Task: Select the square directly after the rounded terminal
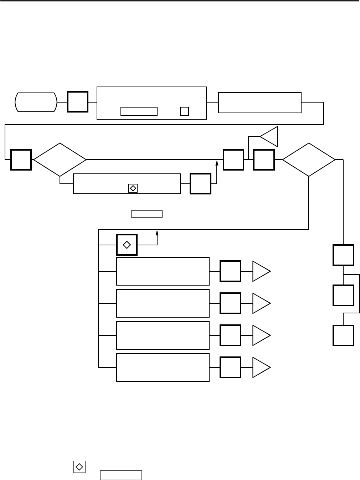click(78, 102)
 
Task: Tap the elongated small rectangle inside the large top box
click(139, 111)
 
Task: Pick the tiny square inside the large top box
click(184, 111)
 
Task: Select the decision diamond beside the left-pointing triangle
click(309, 160)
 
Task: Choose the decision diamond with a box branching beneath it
click(60, 160)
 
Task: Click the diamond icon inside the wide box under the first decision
click(133, 188)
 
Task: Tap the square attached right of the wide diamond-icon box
click(201, 184)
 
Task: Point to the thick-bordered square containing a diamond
click(127, 245)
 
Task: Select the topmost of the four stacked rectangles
click(163, 271)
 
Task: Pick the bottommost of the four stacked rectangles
click(163, 367)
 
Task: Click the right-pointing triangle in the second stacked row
click(261, 303)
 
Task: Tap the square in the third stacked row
click(231, 335)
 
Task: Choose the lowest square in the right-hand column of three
click(344, 335)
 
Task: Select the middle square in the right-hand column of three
click(344, 295)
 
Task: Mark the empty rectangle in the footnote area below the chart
click(121, 475)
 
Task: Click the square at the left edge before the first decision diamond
click(21, 160)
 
